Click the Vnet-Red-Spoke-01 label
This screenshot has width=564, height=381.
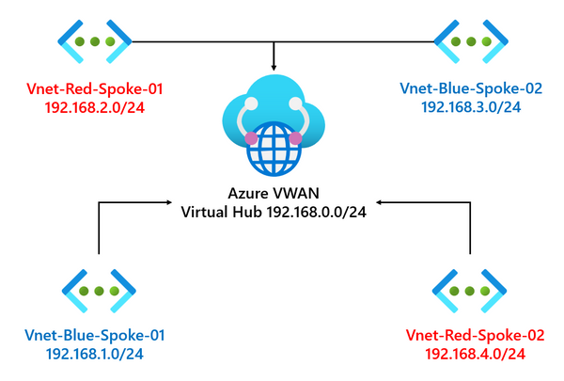94,89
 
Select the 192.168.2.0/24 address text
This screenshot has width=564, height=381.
94,107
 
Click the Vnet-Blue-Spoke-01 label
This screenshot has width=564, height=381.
94,335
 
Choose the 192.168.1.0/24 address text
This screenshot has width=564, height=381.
94,353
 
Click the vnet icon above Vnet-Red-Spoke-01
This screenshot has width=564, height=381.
91,42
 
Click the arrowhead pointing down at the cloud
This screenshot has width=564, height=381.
274,67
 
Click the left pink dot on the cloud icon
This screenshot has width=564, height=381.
251,139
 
